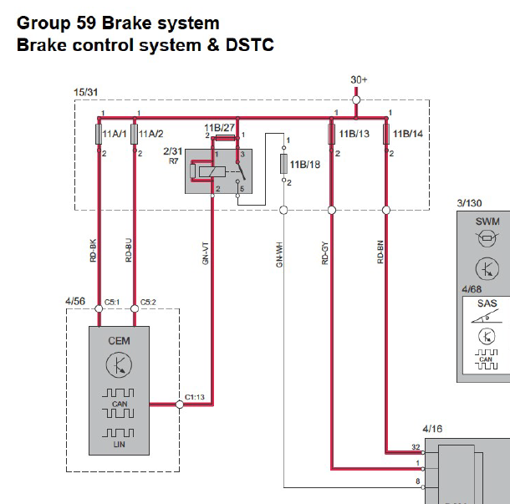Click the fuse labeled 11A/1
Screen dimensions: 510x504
click(99, 134)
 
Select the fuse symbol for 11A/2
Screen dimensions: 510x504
click(134, 134)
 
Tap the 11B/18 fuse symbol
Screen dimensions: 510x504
click(283, 164)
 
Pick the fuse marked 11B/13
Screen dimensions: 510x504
click(331, 134)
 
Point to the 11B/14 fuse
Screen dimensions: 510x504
click(386, 134)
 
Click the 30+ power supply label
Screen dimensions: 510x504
click(359, 79)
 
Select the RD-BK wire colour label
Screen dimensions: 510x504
click(94, 251)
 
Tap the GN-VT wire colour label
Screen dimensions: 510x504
click(205, 253)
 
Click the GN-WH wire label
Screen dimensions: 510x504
click(279, 255)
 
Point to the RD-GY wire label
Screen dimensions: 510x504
click(325, 253)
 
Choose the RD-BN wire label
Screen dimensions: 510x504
click(380, 252)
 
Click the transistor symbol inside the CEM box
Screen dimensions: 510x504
click(119, 364)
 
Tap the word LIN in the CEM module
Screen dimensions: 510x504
click(119, 444)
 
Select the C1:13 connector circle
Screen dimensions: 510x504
click(180, 405)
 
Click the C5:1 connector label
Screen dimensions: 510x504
click(112, 302)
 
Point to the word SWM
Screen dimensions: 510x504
click(487, 221)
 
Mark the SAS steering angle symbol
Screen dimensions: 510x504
click(485, 316)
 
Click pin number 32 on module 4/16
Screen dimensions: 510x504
click(416, 447)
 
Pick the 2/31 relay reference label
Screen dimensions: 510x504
click(173, 151)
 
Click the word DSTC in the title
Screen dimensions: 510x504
click(250, 44)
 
